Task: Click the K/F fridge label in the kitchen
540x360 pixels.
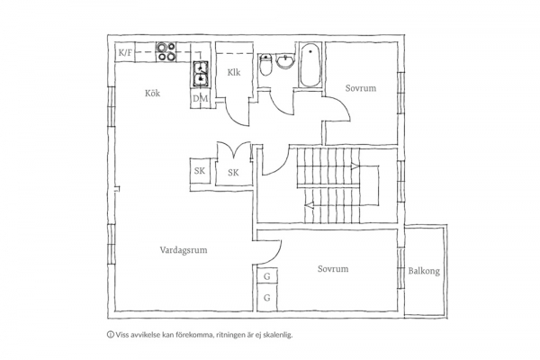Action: pyautogui.click(x=125, y=53)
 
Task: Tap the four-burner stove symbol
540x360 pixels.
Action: pyautogui.click(x=166, y=51)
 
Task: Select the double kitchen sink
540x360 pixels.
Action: pyautogui.click(x=201, y=73)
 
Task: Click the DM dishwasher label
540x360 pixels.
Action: pyautogui.click(x=201, y=99)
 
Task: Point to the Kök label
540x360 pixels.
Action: pyautogui.click(x=153, y=93)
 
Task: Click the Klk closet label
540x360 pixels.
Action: pyautogui.click(x=234, y=72)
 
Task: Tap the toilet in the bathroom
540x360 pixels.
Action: pyautogui.click(x=265, y=65)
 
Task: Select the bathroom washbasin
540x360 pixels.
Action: pyautogui.click(x=285, y=61)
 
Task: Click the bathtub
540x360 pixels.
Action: pyautogui.click(x=310, y=65)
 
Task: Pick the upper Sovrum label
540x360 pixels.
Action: pyautogui.click(x=361, y=88)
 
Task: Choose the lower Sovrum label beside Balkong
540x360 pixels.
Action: pyautogui.click(x=333, y=269)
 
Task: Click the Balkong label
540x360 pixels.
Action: pyautogui.click(x=424, y=271)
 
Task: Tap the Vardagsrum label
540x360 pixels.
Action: pyautogui.click(x=184, y=250)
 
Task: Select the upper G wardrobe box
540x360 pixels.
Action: pyautogui.click(x=267, y=275)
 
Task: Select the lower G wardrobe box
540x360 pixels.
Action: pyautogui.click(x=267, y=297)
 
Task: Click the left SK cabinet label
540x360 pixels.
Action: pyautogui.click(x=200, y=170)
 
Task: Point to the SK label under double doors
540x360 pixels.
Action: pyautogui.click(x=233, y=172)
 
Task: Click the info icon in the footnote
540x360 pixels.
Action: pyautogui.click(x=111, y=334)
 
